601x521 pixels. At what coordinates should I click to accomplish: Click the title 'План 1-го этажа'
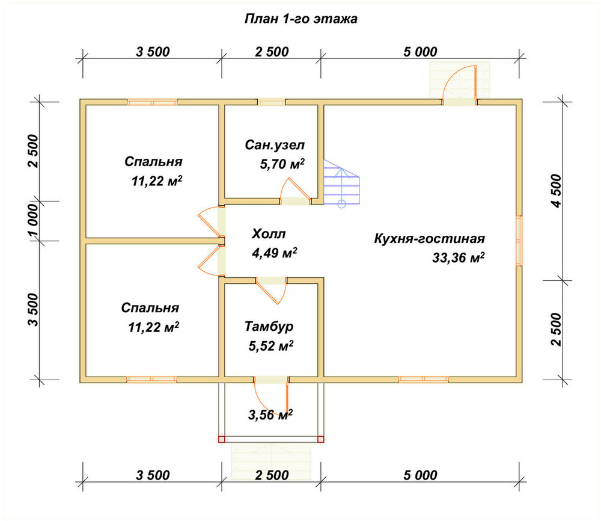301,19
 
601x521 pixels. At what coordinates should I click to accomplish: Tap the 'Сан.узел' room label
275,145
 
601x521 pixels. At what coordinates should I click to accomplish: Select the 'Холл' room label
269,233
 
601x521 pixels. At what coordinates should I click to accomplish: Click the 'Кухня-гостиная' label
429,238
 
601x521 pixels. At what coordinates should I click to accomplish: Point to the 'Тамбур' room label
269,327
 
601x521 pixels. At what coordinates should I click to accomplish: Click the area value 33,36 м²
459,257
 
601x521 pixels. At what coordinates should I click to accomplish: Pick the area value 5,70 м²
282,164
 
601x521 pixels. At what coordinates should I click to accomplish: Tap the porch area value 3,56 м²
270,415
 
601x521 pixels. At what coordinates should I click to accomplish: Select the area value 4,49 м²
275,253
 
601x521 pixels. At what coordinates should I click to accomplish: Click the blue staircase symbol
341,183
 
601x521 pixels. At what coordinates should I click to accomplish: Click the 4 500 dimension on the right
556,191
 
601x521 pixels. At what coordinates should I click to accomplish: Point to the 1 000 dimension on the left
33,221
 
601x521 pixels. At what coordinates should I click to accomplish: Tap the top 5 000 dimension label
420,52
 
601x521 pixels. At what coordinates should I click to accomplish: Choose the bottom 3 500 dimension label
153,475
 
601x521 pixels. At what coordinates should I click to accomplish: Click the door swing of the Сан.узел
294,190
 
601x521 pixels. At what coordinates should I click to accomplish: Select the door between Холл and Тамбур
272,289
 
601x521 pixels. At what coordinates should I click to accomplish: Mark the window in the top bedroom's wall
152,102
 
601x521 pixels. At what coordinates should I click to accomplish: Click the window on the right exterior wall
519,241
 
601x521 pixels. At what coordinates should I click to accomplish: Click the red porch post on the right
321,439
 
